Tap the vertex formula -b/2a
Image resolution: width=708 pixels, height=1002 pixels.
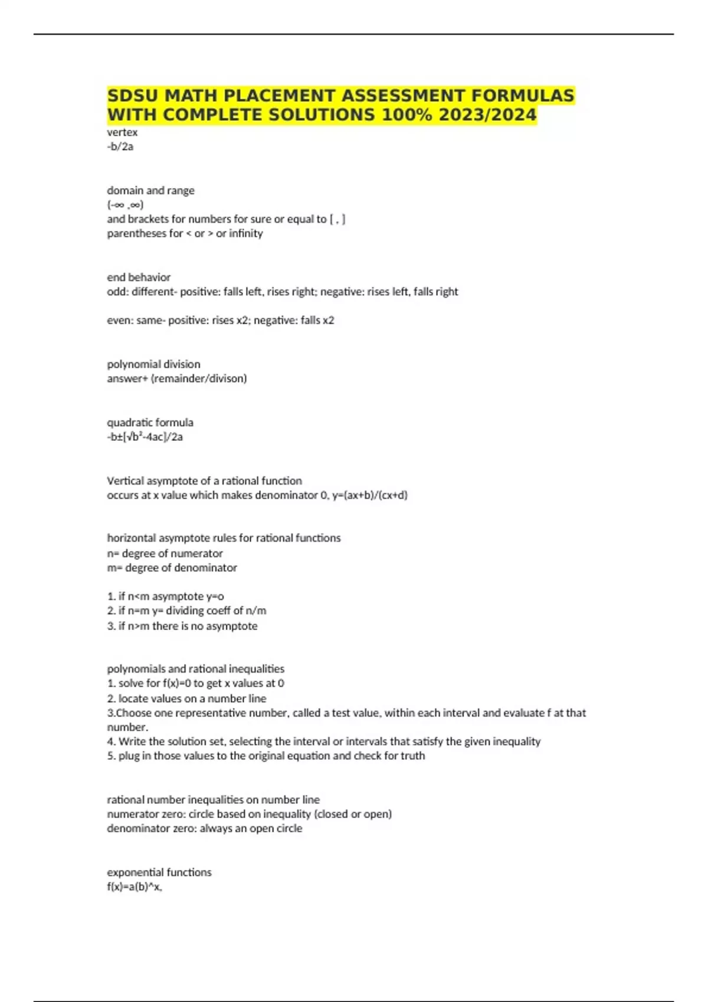coord(120,147)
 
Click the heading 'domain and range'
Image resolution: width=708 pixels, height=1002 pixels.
coord(150,190)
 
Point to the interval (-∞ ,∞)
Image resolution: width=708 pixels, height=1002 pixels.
coord(125,205)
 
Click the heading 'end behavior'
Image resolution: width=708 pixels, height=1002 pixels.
coord(139,277)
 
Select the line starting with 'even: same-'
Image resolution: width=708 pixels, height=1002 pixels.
coord(221,320)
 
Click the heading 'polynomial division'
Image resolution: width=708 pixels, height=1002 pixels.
coord(153,364)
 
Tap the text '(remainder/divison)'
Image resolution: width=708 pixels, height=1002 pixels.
coord(199,378)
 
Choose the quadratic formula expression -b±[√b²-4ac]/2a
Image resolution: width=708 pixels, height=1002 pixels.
coord(145,437)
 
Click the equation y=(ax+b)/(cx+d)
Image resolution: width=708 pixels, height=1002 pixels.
coord(370,495)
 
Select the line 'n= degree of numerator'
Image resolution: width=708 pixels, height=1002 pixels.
coord(165,553)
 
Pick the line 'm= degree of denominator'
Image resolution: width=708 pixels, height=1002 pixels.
coord(172,568)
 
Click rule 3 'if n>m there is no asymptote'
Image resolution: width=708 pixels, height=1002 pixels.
coord(182,626)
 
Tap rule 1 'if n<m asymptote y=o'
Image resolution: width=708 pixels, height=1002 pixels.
coord(166,596)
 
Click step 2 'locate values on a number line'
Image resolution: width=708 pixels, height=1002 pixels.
coord(186,698)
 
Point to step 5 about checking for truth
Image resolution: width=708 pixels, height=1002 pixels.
coord(266,756)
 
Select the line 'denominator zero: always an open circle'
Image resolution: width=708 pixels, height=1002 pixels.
coord(205,828)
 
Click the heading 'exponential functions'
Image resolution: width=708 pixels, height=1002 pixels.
coord(159,872)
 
